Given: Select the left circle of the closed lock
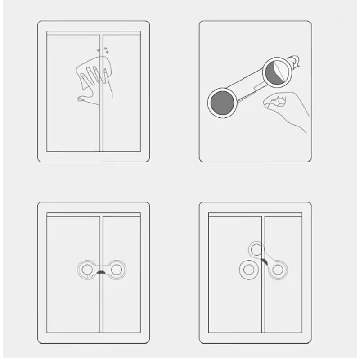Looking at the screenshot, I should click(x=87, y=269).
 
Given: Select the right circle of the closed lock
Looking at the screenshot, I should click(x=116, y=269).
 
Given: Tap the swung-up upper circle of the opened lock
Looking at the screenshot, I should click(x=257, y=249).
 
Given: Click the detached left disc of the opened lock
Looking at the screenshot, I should click(x=247, y=270).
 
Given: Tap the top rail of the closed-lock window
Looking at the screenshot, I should click(x=93, y=215).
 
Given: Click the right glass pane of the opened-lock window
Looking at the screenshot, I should click(x=288, y=306).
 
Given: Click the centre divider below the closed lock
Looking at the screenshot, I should click(x=102, y=310).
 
